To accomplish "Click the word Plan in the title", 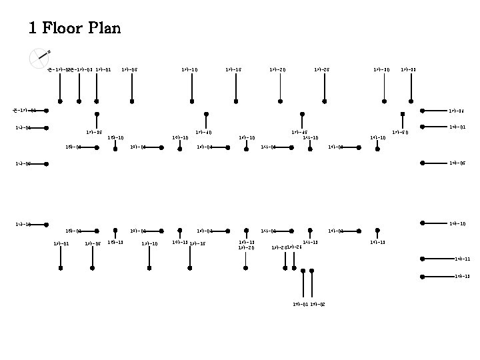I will [103, 29].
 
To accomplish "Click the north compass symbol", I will [39, 59].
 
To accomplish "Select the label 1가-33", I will [409, 69].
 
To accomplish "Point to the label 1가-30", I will [382, 69].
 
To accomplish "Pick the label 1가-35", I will [94, 132].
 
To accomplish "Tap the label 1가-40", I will [203, 132].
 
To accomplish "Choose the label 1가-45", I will [299, 132].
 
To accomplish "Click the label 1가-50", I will [400, 132].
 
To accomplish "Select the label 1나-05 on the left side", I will [23, 163].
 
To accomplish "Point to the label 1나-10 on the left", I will [23, 224].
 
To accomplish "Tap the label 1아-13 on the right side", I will [462, 276].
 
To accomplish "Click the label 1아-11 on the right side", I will [462, 259].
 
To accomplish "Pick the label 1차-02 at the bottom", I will [317, 304].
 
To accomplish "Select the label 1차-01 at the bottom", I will [300, 304].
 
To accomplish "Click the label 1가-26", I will [294, 247].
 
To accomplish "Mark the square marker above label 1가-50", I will [403, 114].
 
